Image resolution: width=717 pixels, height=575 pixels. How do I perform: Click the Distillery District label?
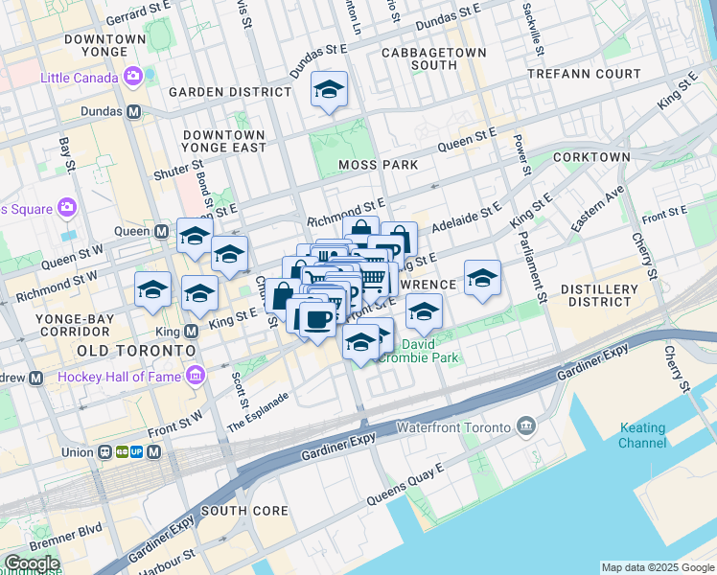599,295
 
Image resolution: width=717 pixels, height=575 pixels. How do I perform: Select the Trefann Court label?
591,73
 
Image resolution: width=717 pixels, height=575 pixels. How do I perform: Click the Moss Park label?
379,165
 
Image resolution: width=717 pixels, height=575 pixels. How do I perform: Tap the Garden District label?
229,92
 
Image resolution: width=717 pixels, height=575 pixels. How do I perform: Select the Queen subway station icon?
162,231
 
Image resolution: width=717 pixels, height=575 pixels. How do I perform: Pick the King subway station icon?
190,331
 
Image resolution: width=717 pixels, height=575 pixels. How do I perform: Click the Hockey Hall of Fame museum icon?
197,375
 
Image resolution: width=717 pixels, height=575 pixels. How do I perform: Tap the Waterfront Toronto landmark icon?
526,425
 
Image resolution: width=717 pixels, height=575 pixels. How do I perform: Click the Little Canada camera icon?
133,75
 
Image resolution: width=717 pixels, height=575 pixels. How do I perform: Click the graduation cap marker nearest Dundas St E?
329,92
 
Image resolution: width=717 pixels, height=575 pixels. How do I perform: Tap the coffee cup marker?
316,319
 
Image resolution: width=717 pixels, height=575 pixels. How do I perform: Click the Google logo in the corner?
31,563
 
